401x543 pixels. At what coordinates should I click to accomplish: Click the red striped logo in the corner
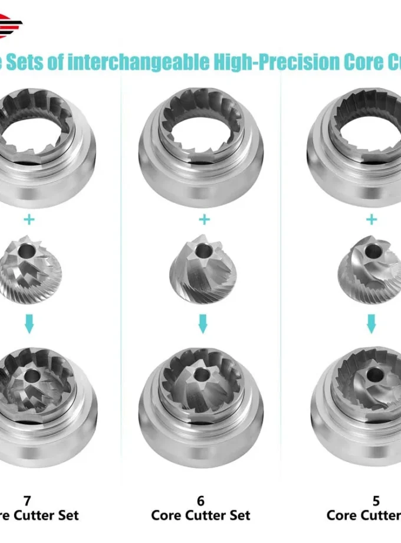click(11, 25)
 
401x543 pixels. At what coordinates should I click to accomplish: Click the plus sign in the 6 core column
click(204, 220)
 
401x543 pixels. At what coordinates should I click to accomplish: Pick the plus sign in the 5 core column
click(371, 220)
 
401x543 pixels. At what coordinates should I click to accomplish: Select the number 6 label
click(201, 501)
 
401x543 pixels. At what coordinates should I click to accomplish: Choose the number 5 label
click(376, 501)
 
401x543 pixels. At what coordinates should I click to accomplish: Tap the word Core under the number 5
click(343, 515)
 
